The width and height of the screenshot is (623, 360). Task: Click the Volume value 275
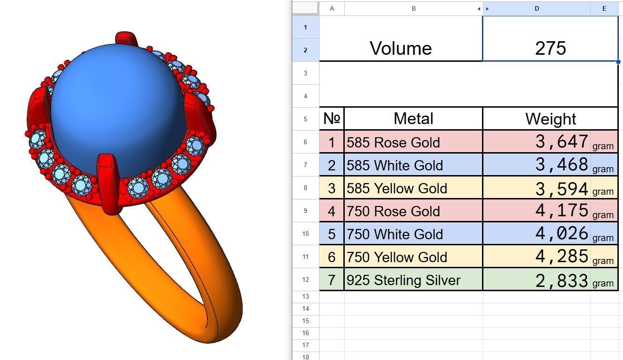coord(550,48)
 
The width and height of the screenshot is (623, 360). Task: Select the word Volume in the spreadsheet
coord(400,48)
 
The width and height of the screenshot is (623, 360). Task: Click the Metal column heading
coord(413,118)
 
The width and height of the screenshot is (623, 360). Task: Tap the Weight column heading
coord(550,118)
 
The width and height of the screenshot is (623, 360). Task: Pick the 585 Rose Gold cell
coord(393,142)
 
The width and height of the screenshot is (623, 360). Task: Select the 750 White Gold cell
coord(395,234)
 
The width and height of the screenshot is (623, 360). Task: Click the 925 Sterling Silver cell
coord(403,280)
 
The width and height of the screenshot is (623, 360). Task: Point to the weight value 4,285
coord(562,257)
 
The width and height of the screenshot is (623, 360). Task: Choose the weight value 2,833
coord(562,280)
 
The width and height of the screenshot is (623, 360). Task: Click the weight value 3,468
coord(562,165)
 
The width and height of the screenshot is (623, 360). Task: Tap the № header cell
coord(332,118)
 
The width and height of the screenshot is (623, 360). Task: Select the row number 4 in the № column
coord(332,211)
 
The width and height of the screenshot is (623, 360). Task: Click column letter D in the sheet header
coord(537,8)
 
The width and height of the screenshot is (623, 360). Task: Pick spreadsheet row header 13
coord(305,296)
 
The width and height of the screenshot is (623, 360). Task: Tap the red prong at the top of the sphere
coord(125,39)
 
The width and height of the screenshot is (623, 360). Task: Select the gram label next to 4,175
coord(603,215)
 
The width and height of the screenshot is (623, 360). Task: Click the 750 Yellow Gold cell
coord(397,257)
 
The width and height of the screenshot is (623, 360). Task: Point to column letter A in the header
coord(332,8)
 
